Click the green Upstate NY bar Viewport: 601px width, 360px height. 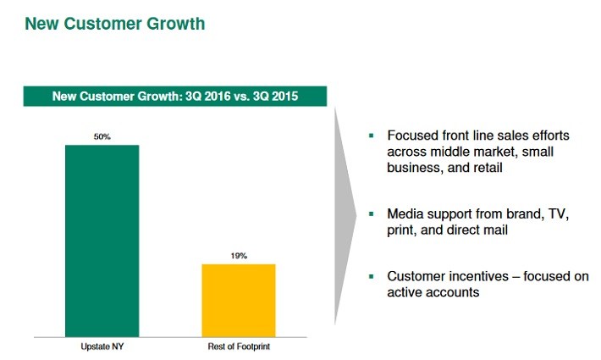(102, 241)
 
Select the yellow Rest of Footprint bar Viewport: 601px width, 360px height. (239, 301)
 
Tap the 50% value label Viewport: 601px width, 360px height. (102, 136)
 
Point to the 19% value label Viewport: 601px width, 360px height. (239, 256)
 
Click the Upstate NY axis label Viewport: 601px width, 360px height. (102, 346)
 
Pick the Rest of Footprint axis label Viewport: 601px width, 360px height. (239, 346)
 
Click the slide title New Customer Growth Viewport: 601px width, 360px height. (115, 24)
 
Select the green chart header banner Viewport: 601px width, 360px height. (175, 96)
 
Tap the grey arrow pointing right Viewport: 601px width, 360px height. (345, 216)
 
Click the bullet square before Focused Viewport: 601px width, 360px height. (371, 136)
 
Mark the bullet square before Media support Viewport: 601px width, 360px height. (371, 213)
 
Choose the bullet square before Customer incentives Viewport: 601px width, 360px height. (371, 276)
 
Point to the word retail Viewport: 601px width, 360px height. (488, 168)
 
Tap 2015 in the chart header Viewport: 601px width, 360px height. (285, 96)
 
